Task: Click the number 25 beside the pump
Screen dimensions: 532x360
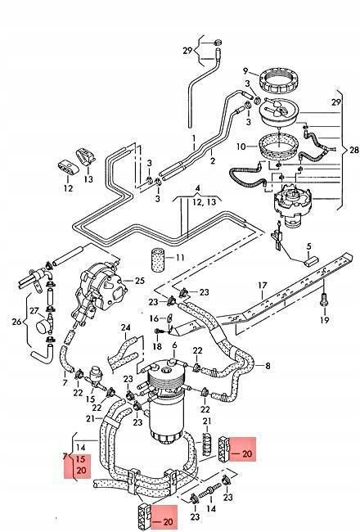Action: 139,282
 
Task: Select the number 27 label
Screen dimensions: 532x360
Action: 34,311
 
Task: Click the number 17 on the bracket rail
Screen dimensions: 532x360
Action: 262,286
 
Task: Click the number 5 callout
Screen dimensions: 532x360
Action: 309,246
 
